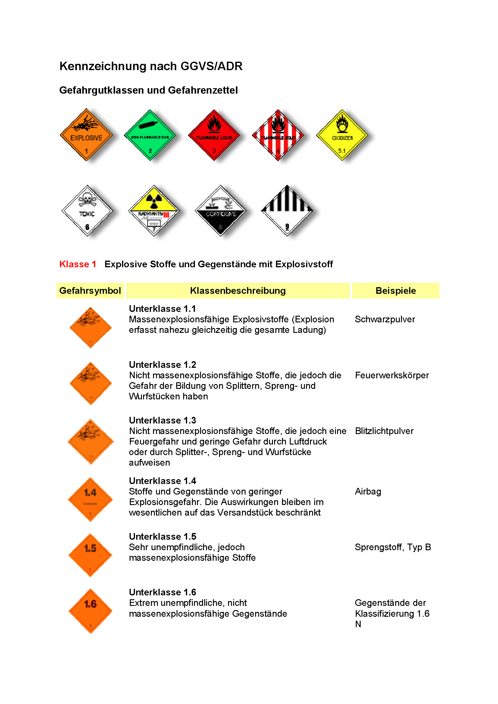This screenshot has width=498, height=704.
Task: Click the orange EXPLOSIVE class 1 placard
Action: [x=86, y=135]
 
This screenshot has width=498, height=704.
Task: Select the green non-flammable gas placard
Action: [x=150, y=135]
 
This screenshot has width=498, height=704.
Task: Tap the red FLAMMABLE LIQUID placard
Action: [x=214, y=135]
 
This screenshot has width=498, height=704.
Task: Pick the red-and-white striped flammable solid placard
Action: [x=278, y=135]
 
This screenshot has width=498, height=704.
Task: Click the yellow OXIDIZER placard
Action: [x=342, y=135]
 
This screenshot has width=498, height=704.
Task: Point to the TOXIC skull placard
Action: [x=87, y=211]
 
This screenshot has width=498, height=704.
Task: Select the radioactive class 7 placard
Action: [x=154, y=211]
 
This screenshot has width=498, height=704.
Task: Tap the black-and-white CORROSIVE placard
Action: [x=220, y=211]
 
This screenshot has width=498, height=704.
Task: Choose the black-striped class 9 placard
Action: [x=287, y=211]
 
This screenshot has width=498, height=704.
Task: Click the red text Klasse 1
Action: [x=78, y=264]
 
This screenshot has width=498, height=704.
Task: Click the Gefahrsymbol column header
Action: [x=90, y=291]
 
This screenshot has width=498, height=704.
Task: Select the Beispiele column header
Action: [x=396, y=291]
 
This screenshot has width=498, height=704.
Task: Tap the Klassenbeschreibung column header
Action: [x=238, y=291]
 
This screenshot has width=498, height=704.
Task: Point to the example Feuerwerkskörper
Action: [x=392, y=375]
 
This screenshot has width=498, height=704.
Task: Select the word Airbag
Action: [x=368, y=492]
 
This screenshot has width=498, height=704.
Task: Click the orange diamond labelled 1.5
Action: [x=90, y=555]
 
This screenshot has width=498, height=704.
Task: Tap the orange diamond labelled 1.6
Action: [x=90, y=611]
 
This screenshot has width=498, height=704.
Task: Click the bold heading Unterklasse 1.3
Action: [x=162, y=420]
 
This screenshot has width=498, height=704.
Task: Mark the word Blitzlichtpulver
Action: [x=384, y=431]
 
